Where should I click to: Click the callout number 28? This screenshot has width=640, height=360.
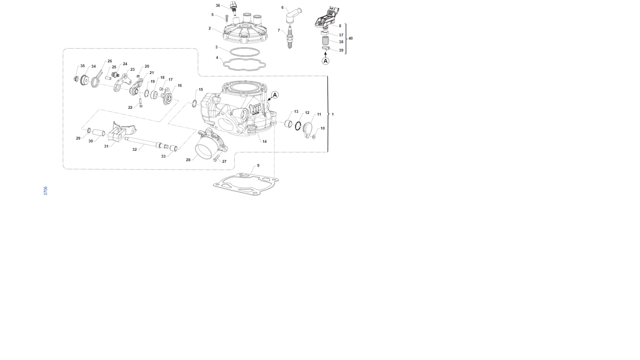point(188,160)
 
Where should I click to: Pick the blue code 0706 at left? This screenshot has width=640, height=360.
point(46,191)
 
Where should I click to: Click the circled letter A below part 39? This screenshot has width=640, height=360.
point(326,61)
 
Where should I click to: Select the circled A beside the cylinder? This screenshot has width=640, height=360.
point(275,95)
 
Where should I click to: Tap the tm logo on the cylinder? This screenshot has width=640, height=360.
point(255,110)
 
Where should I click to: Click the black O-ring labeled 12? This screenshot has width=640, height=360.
point(298,126)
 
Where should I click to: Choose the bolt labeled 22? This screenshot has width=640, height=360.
point(140,103)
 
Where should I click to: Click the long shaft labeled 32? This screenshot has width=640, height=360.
point(146,142)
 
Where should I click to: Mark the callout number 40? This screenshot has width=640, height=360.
point(350,38)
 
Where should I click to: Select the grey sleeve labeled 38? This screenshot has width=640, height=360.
point(326,40)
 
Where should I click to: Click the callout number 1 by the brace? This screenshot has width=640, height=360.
point(332,114)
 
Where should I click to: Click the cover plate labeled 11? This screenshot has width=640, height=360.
point(308,130)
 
